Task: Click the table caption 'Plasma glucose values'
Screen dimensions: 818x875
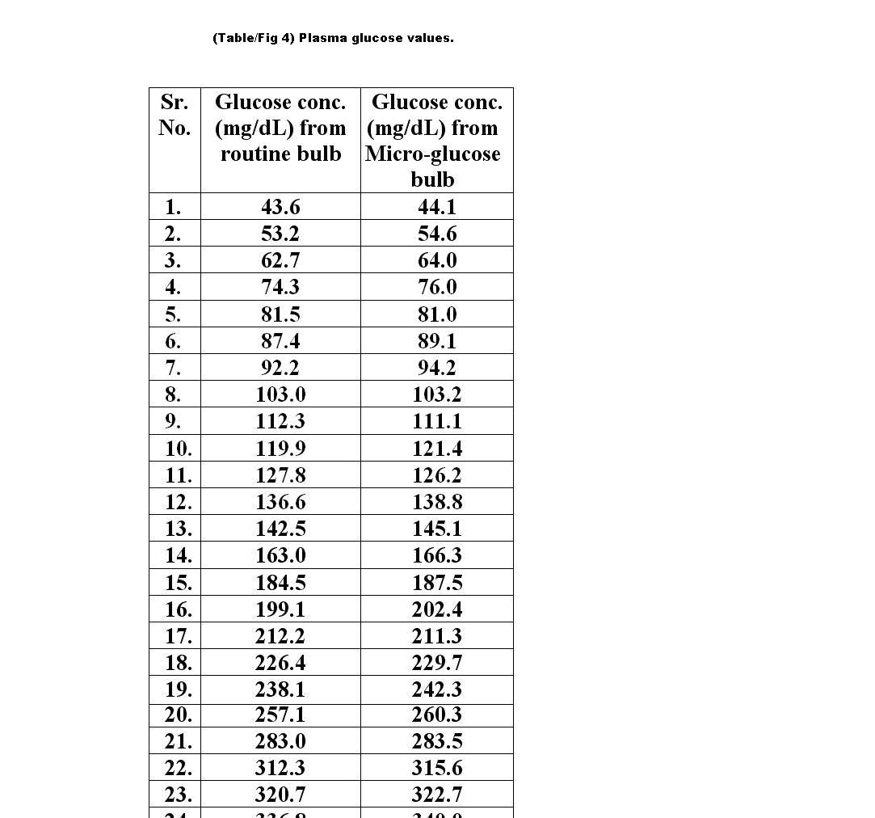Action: click(x=333, y=38)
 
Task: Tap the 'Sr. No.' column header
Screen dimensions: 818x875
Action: click(x=175, y=115)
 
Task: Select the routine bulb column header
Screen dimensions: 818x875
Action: click(x=280, y=128)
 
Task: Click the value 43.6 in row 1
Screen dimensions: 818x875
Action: click(x=280, y=207)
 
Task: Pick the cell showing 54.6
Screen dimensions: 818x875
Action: click(x=437, y=234)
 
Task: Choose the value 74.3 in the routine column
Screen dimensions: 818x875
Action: click(x=280, y=287)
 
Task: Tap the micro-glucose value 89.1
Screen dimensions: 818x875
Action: click(x=437, y=341)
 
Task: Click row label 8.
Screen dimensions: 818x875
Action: click(x=173, y=394)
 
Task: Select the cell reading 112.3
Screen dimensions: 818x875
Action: click(x=280, y=421)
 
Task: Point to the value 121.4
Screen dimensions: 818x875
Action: click(x=437, y=449)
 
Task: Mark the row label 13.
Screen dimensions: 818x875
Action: click(x=179, y=529)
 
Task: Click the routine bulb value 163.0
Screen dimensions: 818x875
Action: click(x=280, y=555)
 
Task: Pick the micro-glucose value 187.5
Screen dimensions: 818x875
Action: click(x=437, y=583)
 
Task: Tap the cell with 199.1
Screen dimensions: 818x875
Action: click(x=280, y=609)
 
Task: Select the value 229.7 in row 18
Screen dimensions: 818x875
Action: click(x=437, y=663)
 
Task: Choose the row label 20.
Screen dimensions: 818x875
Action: click(x=179, y=715)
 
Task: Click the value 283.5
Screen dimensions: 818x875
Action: click(x=437, y=741)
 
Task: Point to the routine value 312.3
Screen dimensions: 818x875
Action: click(x=280, y=768)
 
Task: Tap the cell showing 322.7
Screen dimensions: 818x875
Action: click(x=437, y=795)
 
